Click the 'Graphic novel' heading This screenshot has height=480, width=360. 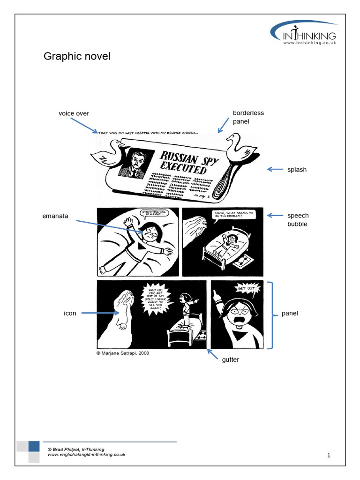(77, 57)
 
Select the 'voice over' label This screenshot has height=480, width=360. (74, 113)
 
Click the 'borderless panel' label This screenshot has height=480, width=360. (248, 117)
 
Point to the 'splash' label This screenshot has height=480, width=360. (297, 170)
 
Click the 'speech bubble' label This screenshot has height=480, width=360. (298, 220)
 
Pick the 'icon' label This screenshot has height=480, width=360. (70, 313)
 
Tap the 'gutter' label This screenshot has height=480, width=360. (230, 360)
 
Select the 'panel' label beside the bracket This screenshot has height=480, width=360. (290, 313)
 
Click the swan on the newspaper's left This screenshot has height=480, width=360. (107, 153)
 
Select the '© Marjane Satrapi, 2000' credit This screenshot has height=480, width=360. (123, 353)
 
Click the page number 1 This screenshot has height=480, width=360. (329, 455)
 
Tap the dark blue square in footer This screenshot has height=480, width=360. (34, 446)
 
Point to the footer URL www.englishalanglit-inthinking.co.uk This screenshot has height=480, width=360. (87, 455)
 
